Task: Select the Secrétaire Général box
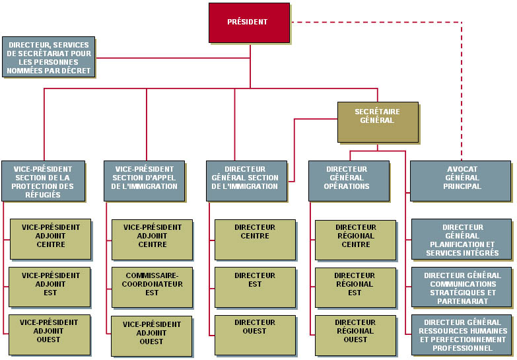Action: coord(378,122)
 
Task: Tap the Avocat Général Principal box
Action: coord(461,180)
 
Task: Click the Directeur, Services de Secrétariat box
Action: coord(48,57)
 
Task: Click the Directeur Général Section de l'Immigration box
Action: coord(246,180)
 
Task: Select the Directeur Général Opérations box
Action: coord(349,180)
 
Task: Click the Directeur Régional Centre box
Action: coord(355,239)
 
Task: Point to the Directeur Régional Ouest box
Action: coord(355,334)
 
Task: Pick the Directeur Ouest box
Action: coord(255,334)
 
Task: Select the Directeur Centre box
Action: coord(255,239)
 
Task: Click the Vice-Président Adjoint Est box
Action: coord(50,287)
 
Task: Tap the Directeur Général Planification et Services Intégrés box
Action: coord(462,239)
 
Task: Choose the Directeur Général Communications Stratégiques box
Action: coord(462,287)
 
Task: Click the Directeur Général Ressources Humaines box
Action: coord(462,334)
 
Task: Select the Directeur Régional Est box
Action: coord(355,287)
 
